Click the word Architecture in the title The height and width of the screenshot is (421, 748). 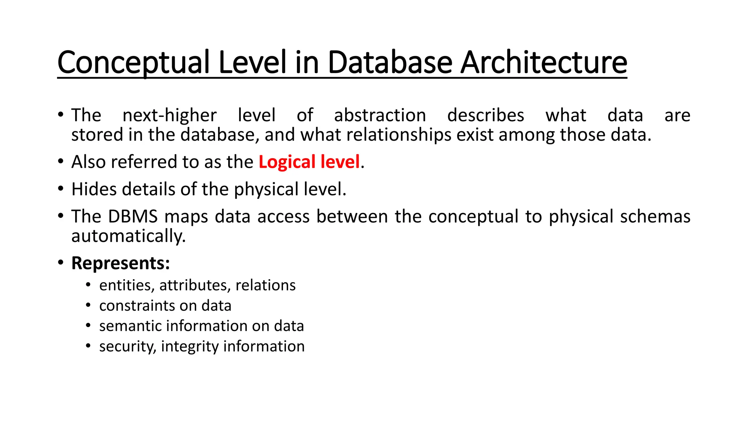point(543,62)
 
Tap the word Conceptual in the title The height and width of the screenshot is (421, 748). point(133,63)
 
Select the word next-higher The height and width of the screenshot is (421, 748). point(169,115)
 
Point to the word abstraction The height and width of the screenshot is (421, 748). point(380,115)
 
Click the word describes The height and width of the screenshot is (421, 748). point(485,115)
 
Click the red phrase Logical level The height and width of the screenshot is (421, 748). point(309,162)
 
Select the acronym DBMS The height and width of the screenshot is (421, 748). point(133,216)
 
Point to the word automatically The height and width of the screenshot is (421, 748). point(129,236)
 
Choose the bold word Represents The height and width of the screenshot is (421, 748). point(121,263)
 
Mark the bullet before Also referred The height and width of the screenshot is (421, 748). point(61,162)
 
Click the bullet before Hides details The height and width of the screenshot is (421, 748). point(61,189)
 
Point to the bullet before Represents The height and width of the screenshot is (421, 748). point(61,263)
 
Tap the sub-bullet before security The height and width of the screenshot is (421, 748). point(88,345)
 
